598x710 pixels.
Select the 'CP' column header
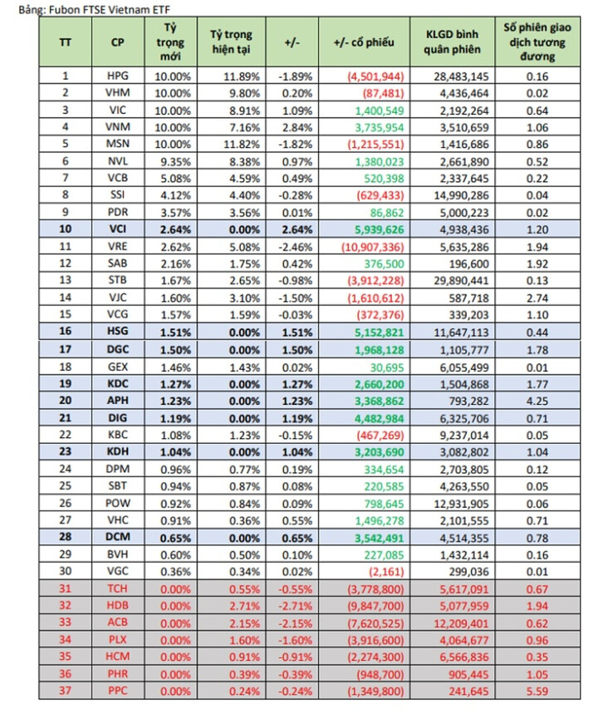[118, 42]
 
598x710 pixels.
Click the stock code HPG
[118, 76]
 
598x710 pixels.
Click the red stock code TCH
[118, 588]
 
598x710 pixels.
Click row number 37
[66, 691]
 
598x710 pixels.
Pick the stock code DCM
[118, 537]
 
